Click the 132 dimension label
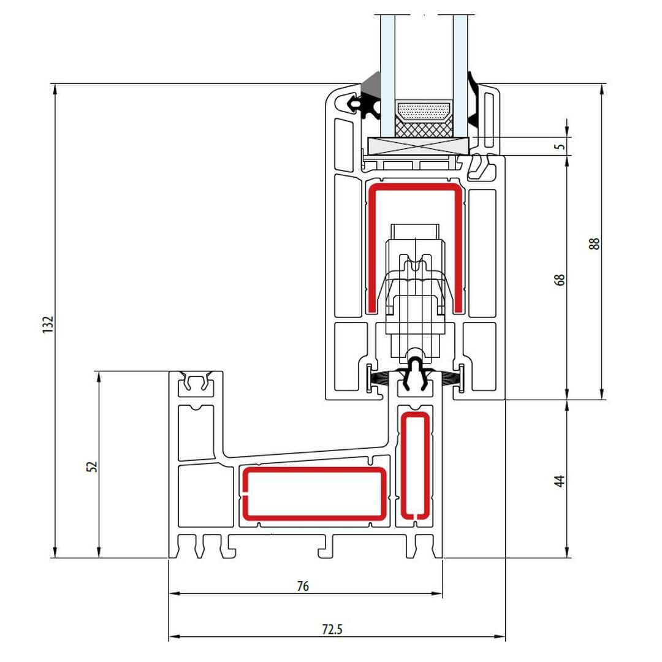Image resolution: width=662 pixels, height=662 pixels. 48,324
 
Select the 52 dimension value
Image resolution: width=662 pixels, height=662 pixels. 91,466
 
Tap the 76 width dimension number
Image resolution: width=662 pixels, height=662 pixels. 303,586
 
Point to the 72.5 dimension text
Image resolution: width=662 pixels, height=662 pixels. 332,630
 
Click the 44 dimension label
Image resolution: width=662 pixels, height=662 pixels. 559,481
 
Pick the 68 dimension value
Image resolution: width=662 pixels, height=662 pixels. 559,280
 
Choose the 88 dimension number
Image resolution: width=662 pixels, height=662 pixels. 594,243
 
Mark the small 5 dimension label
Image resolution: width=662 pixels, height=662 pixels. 560,146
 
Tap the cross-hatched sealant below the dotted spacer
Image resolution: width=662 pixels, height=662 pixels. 424,127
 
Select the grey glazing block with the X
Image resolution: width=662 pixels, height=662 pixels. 418,146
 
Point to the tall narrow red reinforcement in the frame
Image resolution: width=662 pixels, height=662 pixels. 415,465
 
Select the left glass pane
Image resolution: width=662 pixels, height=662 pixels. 387,76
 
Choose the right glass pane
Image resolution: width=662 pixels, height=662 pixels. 460,76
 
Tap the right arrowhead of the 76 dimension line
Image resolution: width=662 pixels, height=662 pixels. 438,593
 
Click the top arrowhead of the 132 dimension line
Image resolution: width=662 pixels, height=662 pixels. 55,89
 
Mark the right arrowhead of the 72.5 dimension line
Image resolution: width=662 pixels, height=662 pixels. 500,637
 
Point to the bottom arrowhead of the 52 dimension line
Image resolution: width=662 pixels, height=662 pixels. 99,552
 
